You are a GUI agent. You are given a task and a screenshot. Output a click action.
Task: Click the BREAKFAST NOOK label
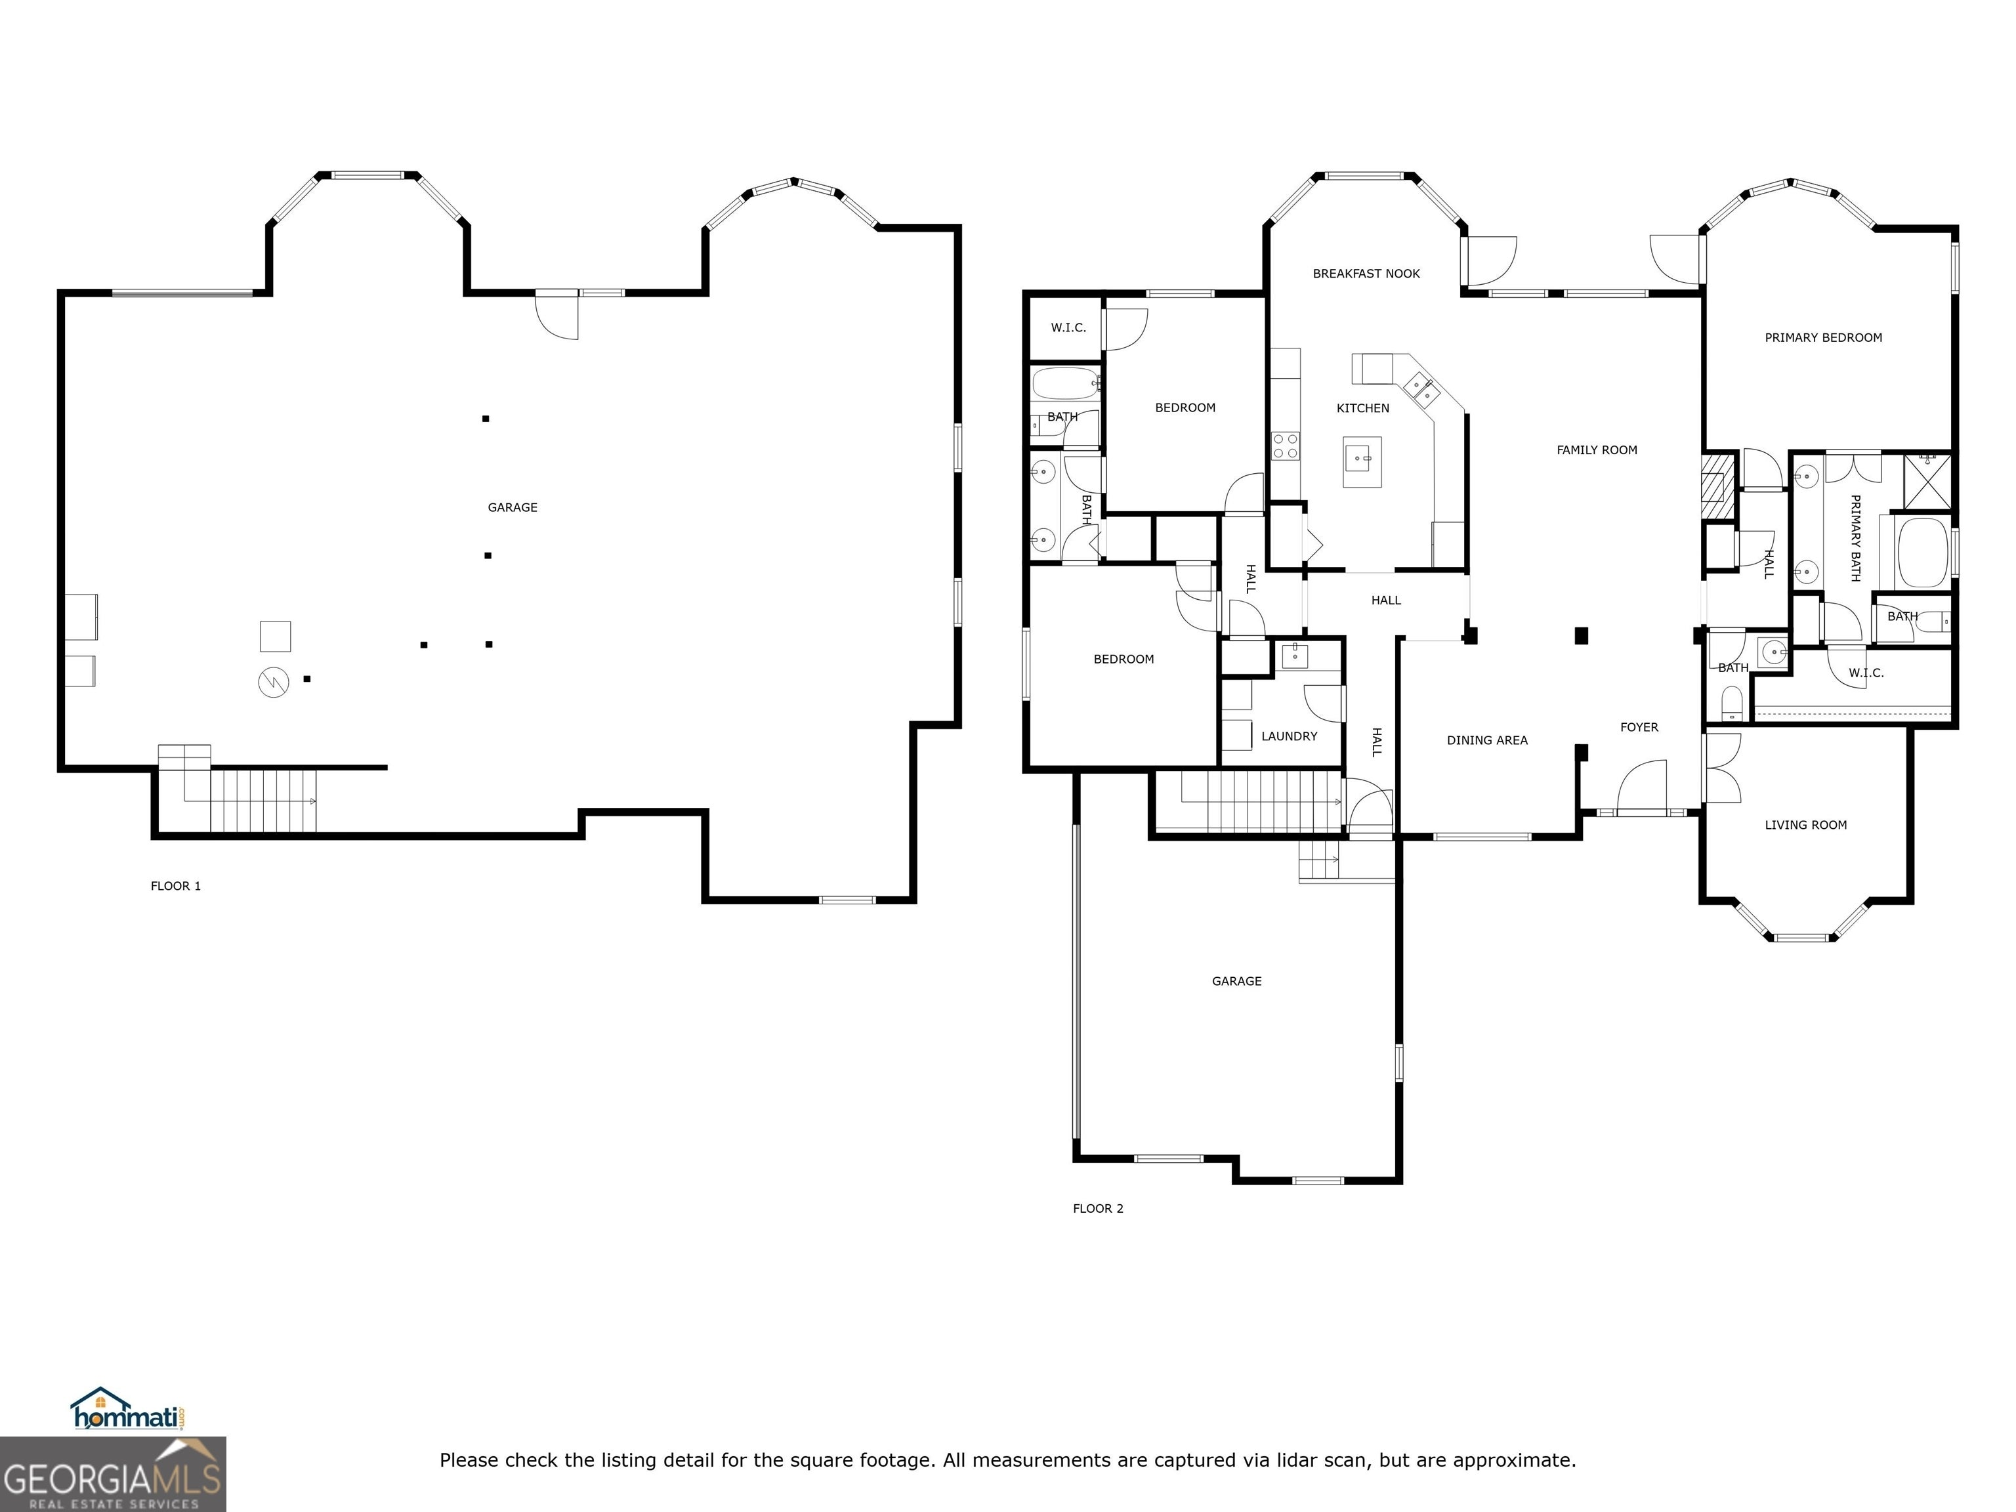click(1366, 274)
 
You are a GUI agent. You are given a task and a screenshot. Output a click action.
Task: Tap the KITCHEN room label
click(1362, 408)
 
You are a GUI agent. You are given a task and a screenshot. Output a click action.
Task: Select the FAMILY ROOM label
click(1597, 450)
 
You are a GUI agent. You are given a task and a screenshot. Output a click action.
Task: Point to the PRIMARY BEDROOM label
click(1823, 338)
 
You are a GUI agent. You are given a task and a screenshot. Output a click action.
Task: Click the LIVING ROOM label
click(1805, 826)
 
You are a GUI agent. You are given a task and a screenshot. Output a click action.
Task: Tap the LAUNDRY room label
click(1289, 736)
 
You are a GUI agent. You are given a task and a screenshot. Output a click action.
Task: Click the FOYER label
click(1639, 727)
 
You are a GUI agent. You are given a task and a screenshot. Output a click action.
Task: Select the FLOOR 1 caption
click(176, 886)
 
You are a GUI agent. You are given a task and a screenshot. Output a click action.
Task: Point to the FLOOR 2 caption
click(1098, 1209)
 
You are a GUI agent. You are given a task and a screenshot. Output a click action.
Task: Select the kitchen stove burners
click(1285, 446)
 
